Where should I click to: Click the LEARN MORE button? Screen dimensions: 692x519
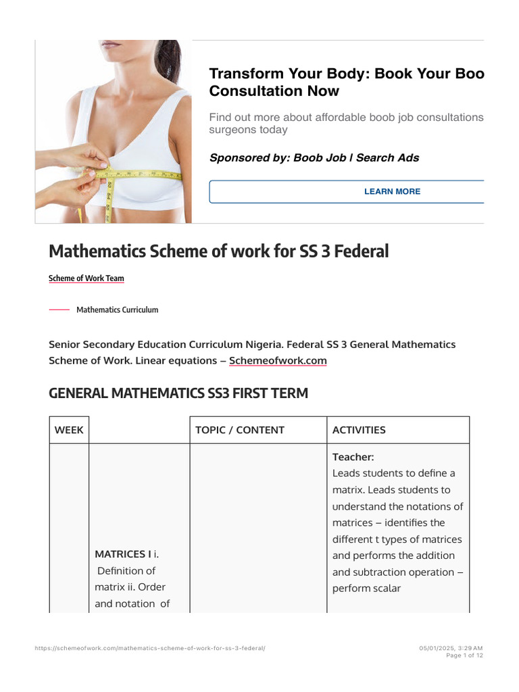click(x=392, y=191)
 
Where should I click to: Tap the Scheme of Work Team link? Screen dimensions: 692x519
click(x=86, y=278)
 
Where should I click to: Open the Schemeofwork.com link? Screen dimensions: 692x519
click(x=278, y=361)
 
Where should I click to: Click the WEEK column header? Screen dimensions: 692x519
click(x=69, y=430)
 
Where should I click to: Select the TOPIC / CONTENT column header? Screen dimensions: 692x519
click(x=240, y=430)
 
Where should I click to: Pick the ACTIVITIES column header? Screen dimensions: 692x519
click(x=359, y=430)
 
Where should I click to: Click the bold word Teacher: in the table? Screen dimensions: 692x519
click(x=353, y=457)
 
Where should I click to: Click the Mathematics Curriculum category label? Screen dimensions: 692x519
click(x=117, y=310)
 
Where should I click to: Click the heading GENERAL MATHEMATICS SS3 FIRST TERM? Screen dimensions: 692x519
click(x=178, y=393)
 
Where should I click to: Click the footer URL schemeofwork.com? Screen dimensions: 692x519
click(x=150, y=648)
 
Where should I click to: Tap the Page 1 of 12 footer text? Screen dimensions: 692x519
click(x=464, y=656)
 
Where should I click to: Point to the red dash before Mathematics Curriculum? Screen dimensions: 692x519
click(x=59, y=310)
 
